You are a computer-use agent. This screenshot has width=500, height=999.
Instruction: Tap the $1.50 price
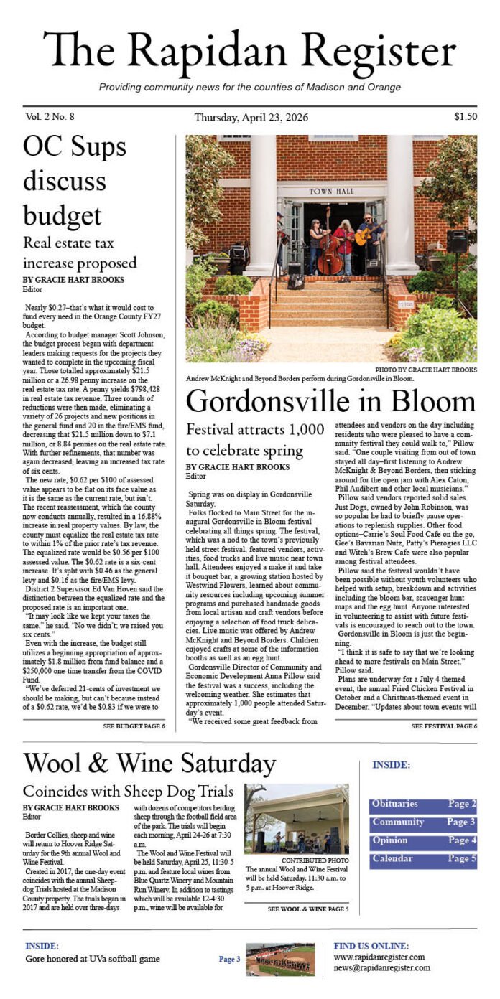[465, 116]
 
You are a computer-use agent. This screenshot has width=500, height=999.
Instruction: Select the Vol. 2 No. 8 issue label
[50, 116]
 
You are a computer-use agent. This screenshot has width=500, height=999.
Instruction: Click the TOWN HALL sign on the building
[327, 192]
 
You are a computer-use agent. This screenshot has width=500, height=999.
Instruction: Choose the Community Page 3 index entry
[422, 822]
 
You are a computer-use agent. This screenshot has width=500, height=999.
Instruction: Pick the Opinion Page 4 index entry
[422, 841]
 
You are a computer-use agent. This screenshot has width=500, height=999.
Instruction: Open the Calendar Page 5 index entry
[422, 859]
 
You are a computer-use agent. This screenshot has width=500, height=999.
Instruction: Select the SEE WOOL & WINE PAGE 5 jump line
[307, 909]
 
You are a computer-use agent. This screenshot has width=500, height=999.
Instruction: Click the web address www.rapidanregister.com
[379, 957]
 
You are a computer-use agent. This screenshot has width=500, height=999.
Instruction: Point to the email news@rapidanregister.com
[381, 967]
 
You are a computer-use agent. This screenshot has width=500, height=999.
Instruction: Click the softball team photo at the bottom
[279, 959]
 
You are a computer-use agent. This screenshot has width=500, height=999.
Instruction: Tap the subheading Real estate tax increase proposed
[79, 252]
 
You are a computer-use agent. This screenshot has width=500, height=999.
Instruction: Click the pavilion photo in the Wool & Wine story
[297, 817]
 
